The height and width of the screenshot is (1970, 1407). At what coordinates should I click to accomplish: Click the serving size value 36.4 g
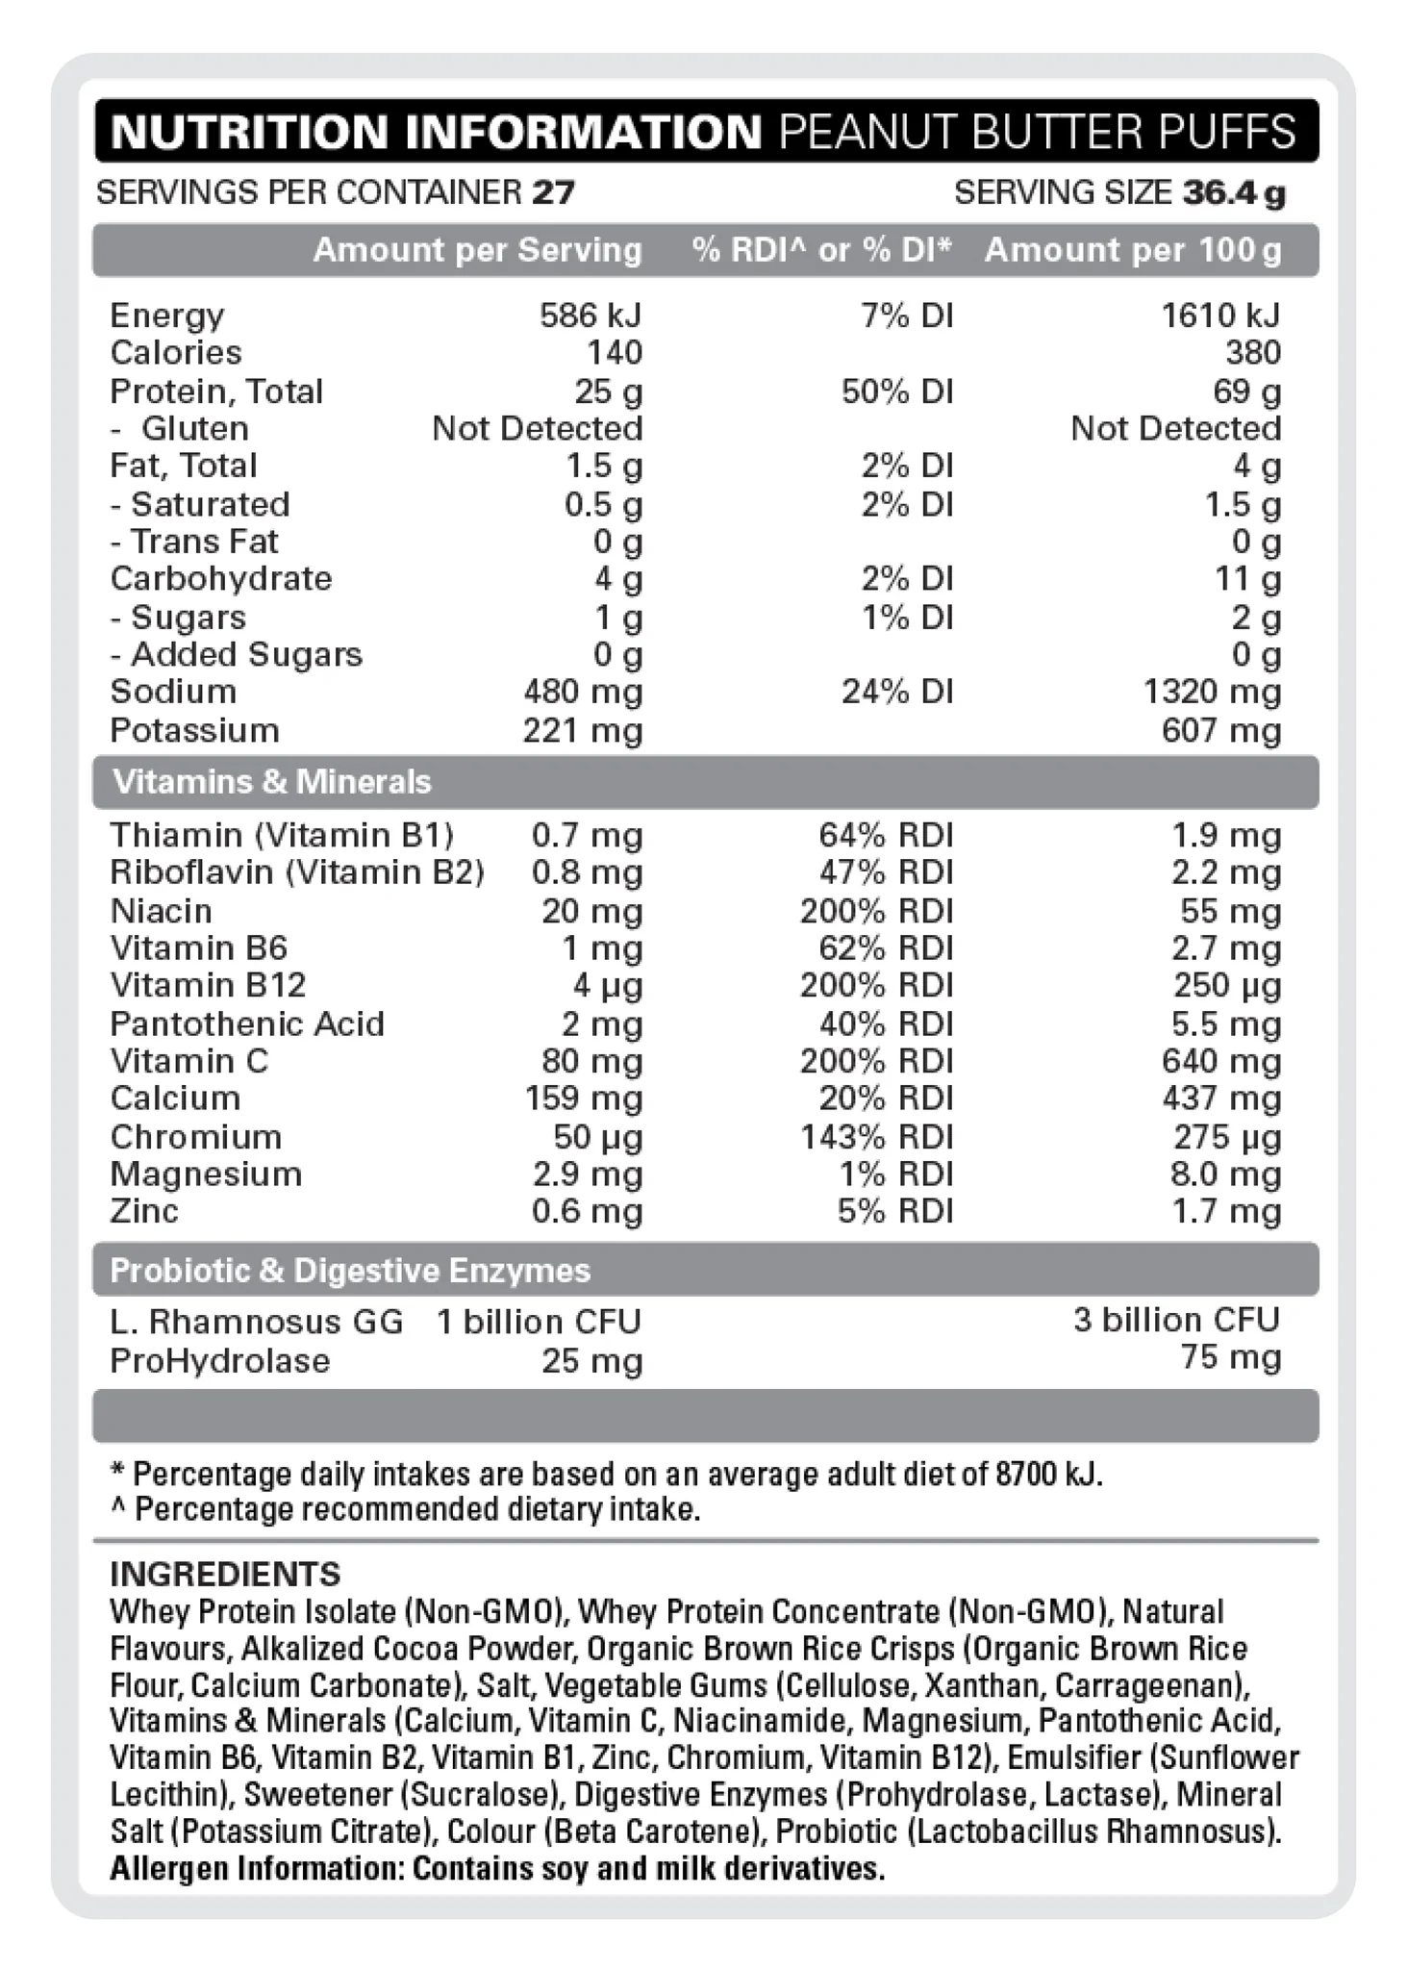pos(1234,193)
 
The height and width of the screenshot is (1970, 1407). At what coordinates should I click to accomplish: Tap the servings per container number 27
pos(553,193)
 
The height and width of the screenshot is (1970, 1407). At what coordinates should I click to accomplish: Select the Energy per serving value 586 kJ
pos(590,316)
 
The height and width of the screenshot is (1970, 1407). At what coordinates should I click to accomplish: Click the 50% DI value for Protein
pos(897,391)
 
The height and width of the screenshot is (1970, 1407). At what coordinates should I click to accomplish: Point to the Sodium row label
pos(173,692)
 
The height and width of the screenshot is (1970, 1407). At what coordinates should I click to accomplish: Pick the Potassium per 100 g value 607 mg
pos(1221,731)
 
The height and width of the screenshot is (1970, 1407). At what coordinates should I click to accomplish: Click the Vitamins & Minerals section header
pos(272,782)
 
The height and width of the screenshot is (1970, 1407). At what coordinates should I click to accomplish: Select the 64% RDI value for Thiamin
pos(886,835)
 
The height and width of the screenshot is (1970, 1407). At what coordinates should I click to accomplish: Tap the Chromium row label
pos(196,1137)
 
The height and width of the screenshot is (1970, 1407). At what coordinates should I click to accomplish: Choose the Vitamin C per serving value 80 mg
pos(591,1061)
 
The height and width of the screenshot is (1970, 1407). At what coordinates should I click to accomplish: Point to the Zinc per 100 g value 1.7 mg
pos(1226,1211)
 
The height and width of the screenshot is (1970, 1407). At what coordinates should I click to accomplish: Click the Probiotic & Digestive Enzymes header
pos(350,1271)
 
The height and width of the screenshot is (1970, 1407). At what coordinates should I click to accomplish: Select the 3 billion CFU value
pos(1176,1320)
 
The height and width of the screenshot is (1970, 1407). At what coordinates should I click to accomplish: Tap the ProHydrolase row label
pos(220,1361)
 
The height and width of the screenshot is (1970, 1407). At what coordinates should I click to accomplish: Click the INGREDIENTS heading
pos(225,1574)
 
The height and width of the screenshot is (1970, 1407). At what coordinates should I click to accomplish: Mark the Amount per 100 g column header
pos(1133,250)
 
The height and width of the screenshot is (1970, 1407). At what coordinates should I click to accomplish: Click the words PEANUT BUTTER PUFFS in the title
pos(1037,132)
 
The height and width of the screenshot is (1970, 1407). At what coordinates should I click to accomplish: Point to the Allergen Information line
pos(496,1869)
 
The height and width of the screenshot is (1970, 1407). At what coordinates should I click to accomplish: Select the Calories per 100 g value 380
pos(1253,353)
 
